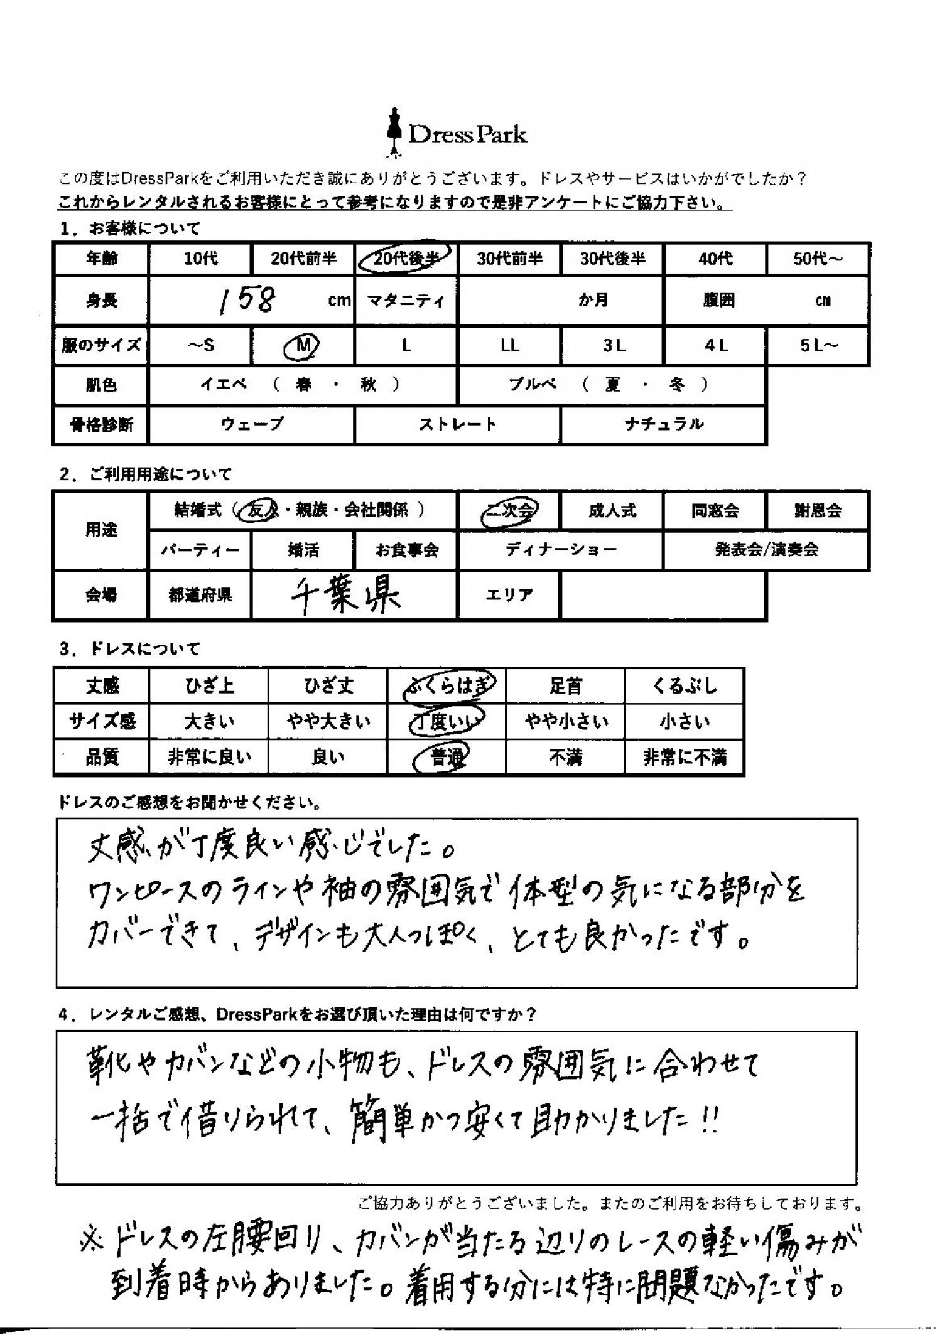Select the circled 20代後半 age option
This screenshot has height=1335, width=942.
click(x=405, y=258)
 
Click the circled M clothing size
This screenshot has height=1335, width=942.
click(x=303, y=345)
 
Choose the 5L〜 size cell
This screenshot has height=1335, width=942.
click(x=818, y=346)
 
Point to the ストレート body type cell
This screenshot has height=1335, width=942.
click(x=458, y=425)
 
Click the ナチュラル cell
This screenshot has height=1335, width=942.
click(x=664, y=425)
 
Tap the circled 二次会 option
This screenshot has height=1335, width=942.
click(x=509, y=511)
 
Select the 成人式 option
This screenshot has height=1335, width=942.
click(x=612, y=511)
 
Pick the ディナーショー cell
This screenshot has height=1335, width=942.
click(x=561, y=550)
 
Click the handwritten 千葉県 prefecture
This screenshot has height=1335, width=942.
click(x=346, y=595)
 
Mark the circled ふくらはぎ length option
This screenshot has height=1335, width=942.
click(x=447, y=686)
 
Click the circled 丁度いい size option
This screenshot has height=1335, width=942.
click(x=447, y=722)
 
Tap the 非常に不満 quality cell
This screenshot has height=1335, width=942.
click(x=685, y=758)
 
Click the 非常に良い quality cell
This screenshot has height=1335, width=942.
click(x=209, y=758)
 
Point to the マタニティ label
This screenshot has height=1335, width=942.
click(x=406, y=301)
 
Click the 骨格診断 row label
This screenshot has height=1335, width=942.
click(x=102, y=425)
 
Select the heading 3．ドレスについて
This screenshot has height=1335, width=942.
click(x=129, y=649)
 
